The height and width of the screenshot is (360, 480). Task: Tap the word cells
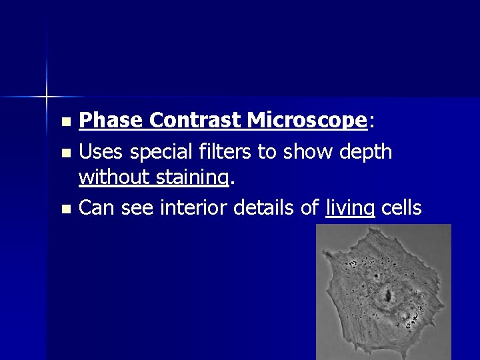tap(401, 208)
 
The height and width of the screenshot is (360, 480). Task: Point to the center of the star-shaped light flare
tap(47, 97)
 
